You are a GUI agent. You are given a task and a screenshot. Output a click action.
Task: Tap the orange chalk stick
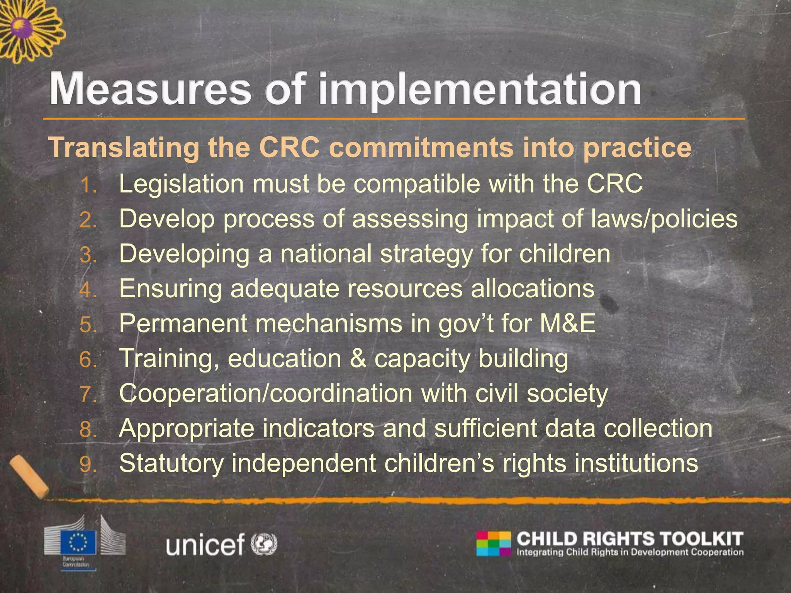point(29,477)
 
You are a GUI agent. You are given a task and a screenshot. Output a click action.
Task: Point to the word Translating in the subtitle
point(124,148)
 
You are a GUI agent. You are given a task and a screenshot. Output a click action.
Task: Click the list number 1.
point(88,186)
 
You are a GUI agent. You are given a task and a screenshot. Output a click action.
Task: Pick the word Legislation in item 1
point(181,184)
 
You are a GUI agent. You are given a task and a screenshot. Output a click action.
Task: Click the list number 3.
point(88,255)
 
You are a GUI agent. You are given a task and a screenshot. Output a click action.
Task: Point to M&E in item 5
point(568,323)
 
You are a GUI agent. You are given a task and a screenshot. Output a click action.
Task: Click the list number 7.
point(88,394)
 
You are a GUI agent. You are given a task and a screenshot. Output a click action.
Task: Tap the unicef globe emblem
point(264,544)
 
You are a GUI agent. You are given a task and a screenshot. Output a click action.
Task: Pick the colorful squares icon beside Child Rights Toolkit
point(493,544)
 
